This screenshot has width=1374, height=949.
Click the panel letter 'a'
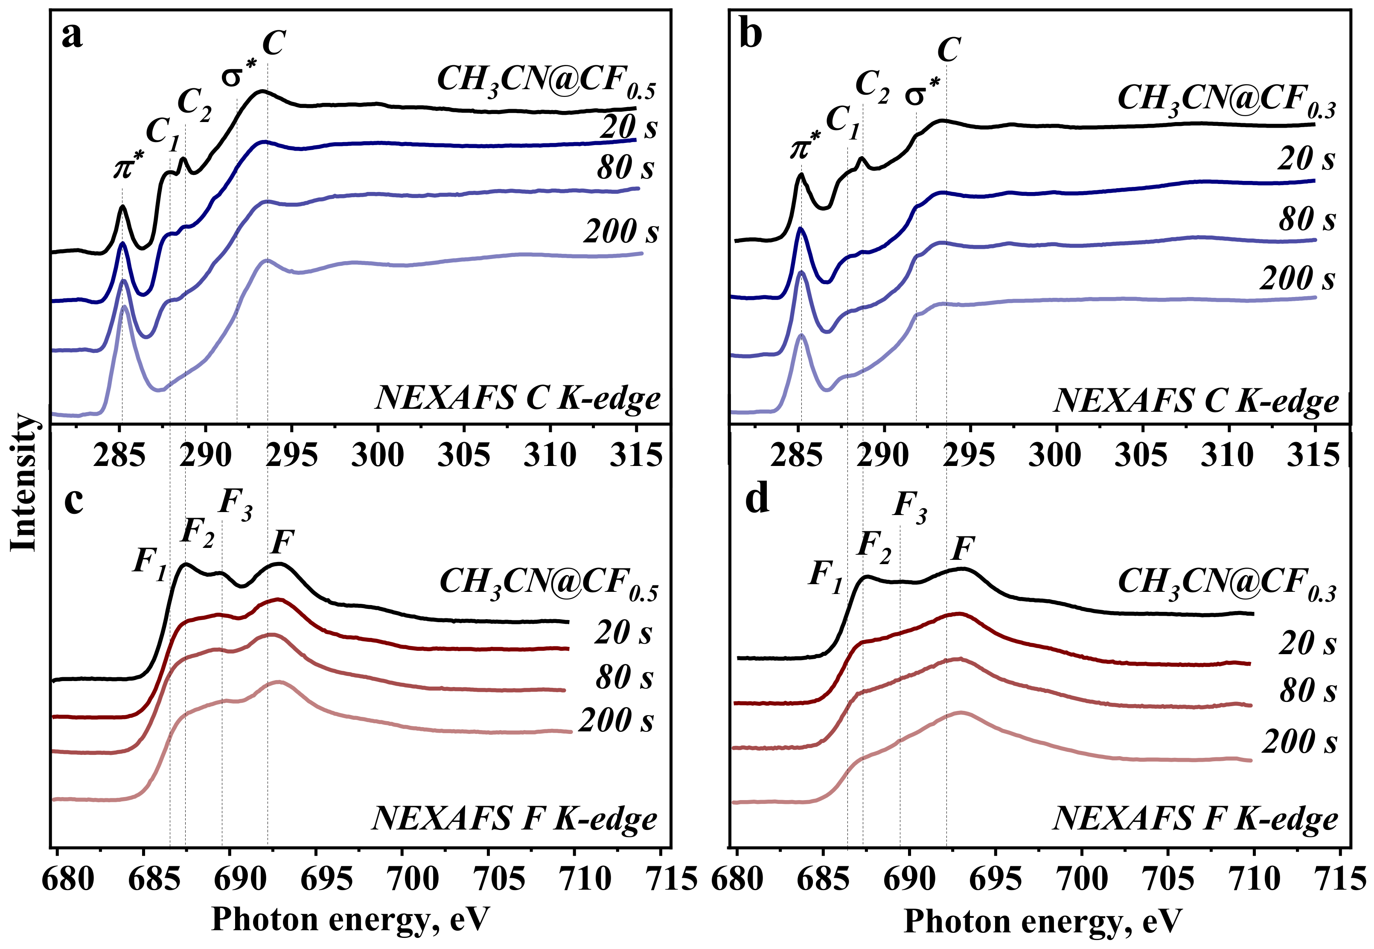tap(73, 37)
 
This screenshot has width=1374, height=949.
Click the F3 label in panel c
tap(236, 504)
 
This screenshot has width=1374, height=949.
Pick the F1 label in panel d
tap(825, 577)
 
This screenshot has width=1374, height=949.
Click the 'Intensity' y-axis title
tap(24, 482)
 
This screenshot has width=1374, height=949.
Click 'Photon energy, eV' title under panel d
tap(1042, 922)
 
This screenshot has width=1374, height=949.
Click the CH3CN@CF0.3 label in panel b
tap(1226, 100)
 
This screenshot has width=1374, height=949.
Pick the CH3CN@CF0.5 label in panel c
tap(548, 583)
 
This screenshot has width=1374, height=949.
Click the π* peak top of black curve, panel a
tap(122, 207)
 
